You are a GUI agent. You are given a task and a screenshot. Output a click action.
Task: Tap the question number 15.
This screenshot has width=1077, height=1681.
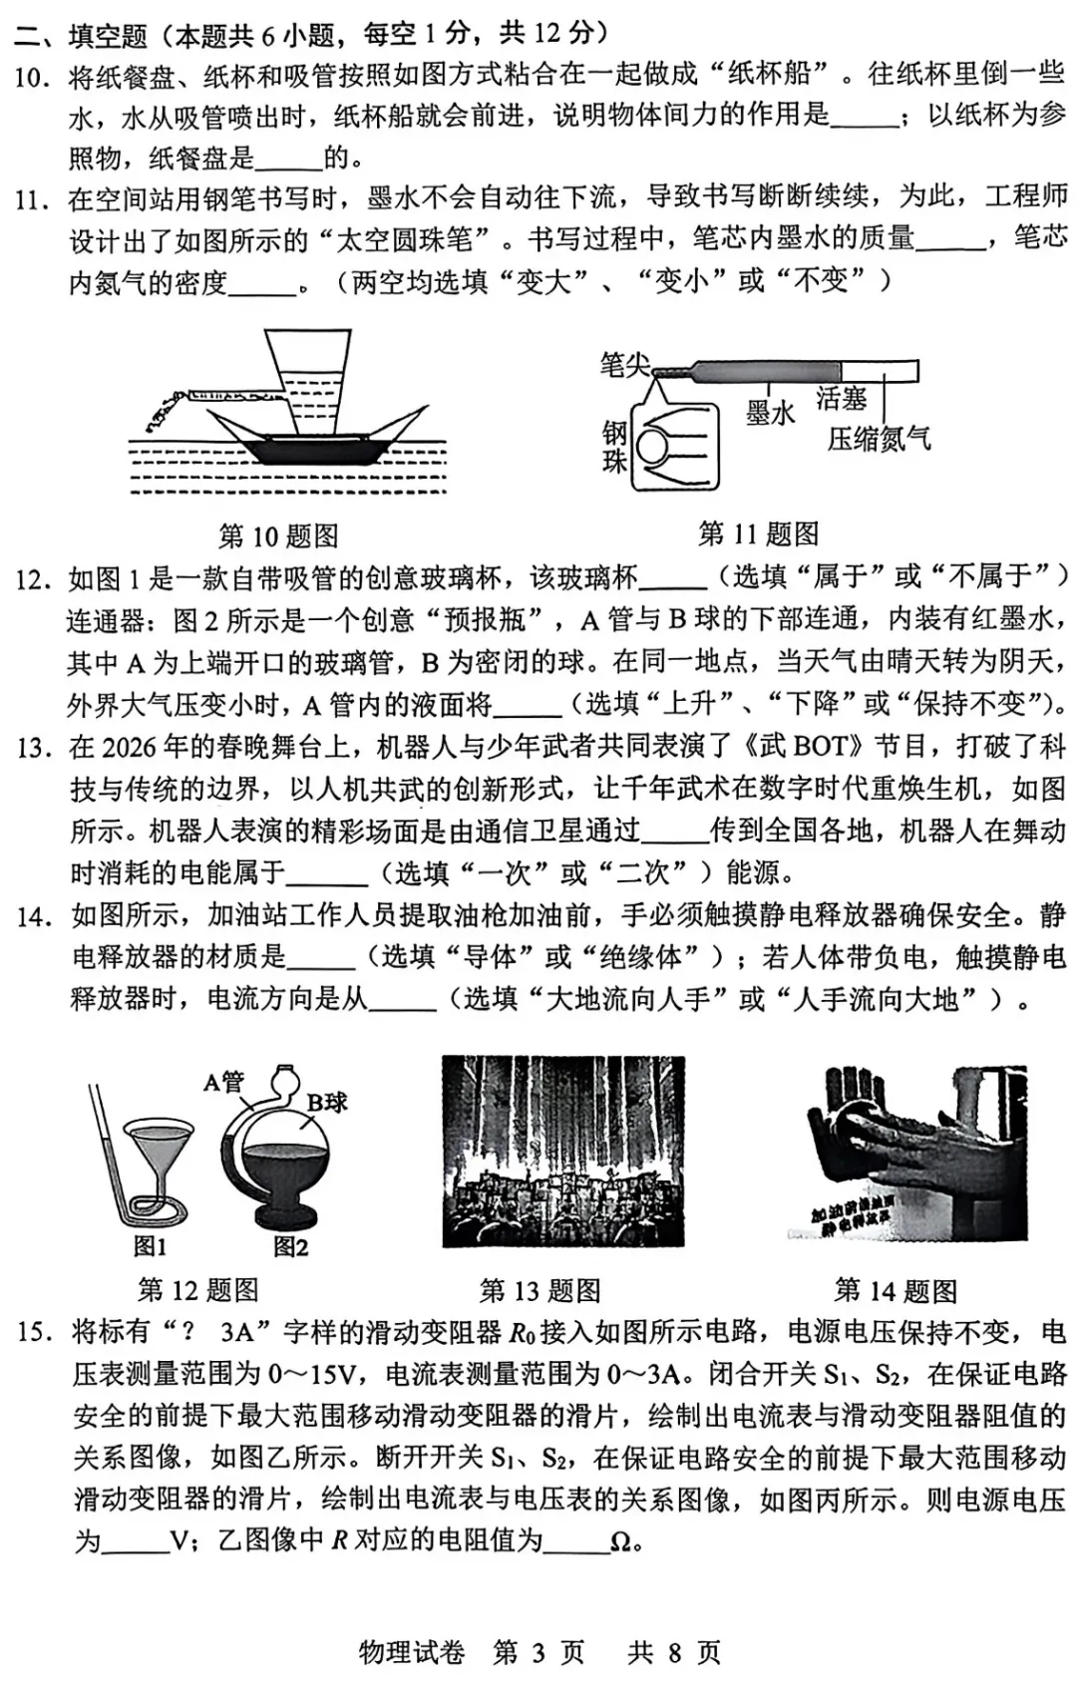click(32, 1332)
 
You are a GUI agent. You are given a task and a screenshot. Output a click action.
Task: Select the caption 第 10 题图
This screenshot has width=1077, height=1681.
click(278, 536)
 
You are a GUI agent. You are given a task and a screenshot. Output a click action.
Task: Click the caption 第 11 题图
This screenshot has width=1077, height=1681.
click(758, 533)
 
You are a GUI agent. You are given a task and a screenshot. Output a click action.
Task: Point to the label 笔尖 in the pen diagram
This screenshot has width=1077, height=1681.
click(624, 365)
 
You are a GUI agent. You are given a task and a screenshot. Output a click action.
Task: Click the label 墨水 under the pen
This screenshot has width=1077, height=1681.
click(769, 412)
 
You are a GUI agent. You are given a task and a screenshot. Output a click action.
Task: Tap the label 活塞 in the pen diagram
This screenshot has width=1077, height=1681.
click(841, 399)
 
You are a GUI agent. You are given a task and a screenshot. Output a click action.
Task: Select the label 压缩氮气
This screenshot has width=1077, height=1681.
click(879, 438)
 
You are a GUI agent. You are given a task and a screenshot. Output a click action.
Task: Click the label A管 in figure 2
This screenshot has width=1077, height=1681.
click(223, 1081)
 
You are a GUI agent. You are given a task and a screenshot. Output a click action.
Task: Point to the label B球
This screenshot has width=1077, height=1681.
click(327, 1102)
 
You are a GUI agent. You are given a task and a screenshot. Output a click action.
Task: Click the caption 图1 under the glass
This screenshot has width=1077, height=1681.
click(151, 1246)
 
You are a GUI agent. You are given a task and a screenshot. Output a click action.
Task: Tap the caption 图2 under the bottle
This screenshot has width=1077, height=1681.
click(291, 1246)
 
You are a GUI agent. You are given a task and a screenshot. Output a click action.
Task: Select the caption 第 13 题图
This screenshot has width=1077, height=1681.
click(539, 1291)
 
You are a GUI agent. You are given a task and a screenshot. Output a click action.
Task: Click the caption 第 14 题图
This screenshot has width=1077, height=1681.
click(896, 1291)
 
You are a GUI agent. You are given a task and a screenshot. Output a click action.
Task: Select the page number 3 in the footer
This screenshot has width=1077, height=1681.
click(538, 1652)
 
